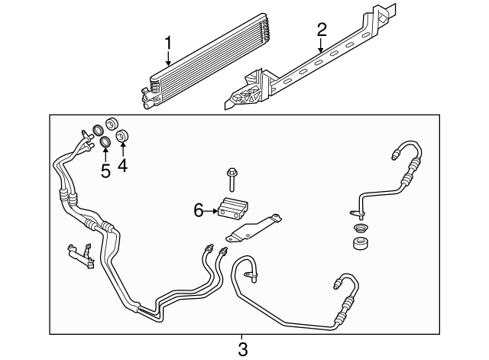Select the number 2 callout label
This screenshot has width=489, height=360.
(322, 30)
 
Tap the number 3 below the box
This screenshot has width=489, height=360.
(242, 350)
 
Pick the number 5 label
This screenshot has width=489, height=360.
(105, 170)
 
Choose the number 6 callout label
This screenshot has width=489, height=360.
(199, 209)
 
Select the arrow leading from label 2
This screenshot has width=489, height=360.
(322, 45)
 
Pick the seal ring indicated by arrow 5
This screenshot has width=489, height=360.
(106, 142)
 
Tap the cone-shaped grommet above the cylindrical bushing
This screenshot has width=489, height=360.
(358, 229)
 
